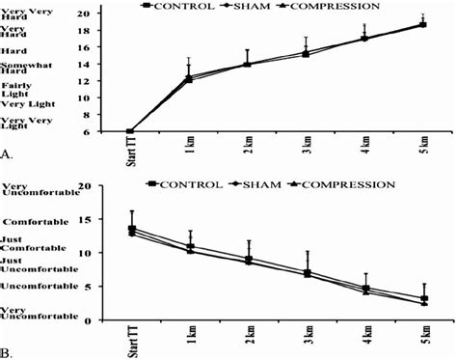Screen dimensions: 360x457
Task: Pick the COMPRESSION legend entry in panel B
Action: point(340,182)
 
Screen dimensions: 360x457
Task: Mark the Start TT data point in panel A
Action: point(131,131)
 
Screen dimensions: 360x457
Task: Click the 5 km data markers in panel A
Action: point(421,25)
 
